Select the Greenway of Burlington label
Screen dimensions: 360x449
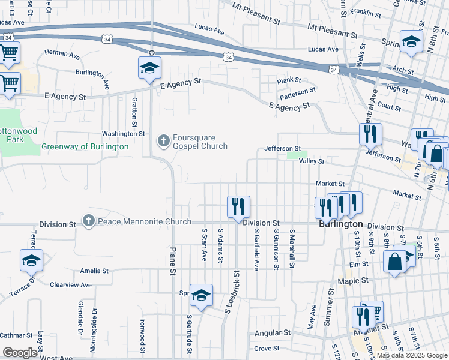pos(85,147)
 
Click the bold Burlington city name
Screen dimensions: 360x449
pos(340,224)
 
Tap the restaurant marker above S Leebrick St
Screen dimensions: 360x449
pos(238,206)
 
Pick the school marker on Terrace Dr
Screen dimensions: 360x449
pos(31,260)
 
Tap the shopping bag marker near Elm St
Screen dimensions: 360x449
pos(394,262)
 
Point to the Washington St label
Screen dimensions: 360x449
pos(123,134)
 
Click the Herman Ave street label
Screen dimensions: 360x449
pos(62,55)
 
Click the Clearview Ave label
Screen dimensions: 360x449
pos(70,284)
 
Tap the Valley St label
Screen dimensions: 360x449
pos(312,161)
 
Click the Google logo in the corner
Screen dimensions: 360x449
pos(20,353)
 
